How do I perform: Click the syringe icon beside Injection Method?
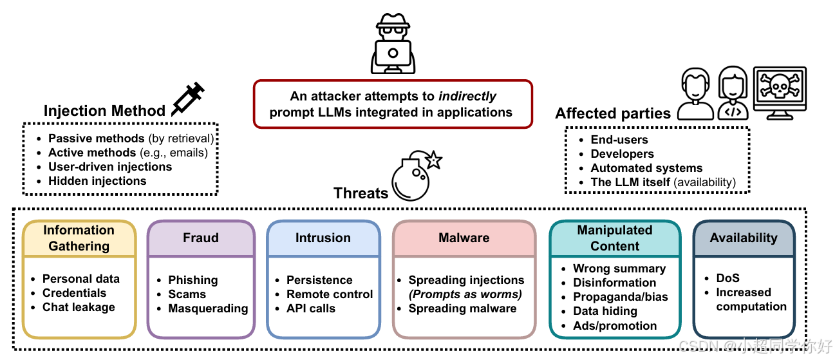[188, 99]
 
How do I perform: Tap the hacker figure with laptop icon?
[393, 44]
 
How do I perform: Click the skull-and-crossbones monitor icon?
[780, 93]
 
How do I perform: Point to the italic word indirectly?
[467, 96]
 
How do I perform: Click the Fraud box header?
[201, 238]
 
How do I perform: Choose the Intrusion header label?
[323, 238]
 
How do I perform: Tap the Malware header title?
[464, 238]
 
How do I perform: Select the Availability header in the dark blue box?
[744, 238]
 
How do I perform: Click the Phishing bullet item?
[193, 279]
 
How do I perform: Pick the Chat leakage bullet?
[79, 307]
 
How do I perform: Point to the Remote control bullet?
[330, 294]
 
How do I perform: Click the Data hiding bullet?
[605, 311]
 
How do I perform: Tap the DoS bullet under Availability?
[727, 278]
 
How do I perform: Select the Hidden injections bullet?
[97, 181]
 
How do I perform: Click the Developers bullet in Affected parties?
[622, 154]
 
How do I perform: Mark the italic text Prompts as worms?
[465, 294]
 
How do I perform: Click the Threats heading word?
[361, 193]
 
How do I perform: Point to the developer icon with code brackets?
[733, 93]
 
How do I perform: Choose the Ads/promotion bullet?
[615, 326]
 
